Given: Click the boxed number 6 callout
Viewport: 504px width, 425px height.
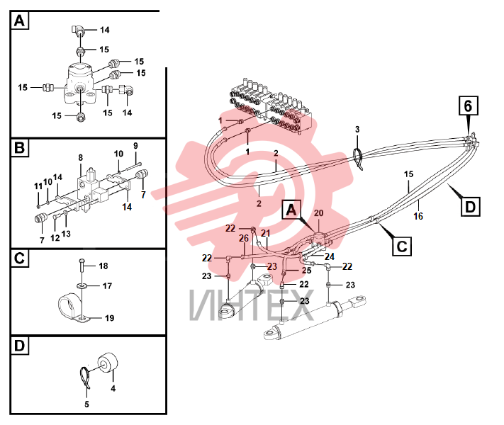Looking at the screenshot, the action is point(468,106).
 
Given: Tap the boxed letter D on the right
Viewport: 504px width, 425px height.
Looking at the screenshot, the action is point(470,207).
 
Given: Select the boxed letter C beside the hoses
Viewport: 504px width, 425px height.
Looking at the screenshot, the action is point(402,246).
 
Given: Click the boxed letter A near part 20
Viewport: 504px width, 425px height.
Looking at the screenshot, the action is point(291,210).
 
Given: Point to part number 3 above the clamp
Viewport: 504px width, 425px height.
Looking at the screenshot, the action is point(357,129).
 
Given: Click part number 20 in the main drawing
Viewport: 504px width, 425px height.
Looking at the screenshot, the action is point(318,213).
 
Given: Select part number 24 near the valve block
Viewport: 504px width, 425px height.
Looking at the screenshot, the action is point(330,256).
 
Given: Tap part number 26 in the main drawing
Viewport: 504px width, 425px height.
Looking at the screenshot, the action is point(244,238).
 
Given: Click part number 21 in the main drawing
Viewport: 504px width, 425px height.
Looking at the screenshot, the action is point(266,233).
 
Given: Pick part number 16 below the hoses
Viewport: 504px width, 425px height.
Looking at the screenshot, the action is point(418,216).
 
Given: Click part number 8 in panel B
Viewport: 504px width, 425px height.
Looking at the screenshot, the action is point(80,157).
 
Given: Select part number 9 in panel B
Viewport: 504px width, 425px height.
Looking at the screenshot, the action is point(135,145).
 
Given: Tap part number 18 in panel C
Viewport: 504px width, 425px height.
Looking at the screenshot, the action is point(103,266).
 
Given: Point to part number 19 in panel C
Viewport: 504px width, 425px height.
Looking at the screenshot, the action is point(109,318).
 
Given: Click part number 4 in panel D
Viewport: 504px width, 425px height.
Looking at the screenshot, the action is point(113,388).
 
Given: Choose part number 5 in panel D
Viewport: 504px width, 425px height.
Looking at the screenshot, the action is point(86,404).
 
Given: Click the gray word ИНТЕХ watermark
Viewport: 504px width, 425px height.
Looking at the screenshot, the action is point(252,305).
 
